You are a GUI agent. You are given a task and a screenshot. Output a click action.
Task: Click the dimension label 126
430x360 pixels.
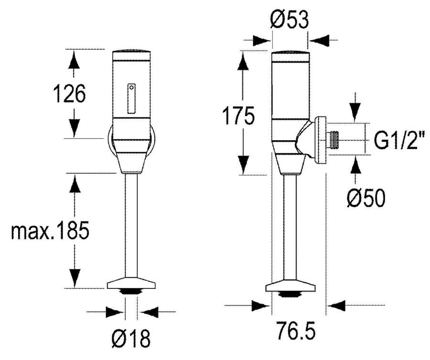pos(69,94)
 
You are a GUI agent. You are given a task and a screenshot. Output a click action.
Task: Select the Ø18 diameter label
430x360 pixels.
pos(131,339)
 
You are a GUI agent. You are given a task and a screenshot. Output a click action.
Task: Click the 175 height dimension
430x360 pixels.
pos(238,116)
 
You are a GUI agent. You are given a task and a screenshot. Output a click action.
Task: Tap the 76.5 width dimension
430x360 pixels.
pos(296,331)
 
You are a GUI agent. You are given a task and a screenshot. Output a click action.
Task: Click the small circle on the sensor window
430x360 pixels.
pos(132,87)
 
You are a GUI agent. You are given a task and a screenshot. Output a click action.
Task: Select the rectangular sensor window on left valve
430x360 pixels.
pos(131,98)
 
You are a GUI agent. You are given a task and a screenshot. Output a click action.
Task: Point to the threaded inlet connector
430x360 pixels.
pos(333,140)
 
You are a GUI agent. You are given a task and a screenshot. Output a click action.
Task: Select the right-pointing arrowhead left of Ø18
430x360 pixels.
pos(114,312)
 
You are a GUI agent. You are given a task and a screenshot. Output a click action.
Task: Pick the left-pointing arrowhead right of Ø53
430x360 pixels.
pos(320,40)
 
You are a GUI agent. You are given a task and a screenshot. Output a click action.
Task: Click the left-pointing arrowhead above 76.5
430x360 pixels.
pos(336,305)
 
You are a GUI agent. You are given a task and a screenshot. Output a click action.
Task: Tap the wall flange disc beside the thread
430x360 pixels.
pos(320,141)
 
